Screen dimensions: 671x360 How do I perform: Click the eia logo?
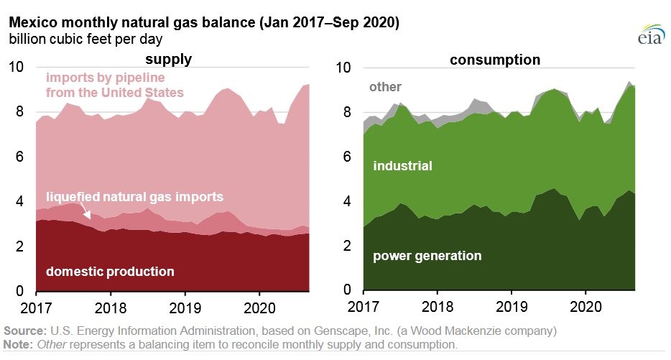(x=652, y=34)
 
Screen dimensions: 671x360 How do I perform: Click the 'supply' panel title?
(x=169, y=59)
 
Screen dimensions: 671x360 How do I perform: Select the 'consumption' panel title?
(x=495, y=60)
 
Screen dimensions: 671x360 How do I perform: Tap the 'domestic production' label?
(x=110, y=272)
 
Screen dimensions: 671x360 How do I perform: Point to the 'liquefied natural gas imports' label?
(x=135, y=197)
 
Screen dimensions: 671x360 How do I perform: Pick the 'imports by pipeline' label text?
(x=106, y=78)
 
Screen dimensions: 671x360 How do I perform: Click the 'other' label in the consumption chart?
(x=385, y=87)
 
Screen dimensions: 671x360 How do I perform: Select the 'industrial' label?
(x=403, y=166)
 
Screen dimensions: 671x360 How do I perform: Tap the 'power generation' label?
(x=427, y=256)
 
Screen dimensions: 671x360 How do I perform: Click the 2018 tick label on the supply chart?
(x=111, y=308)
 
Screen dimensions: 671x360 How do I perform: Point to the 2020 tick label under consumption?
(x=586, y=307)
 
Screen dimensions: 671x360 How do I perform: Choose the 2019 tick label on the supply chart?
(x=185, y=308)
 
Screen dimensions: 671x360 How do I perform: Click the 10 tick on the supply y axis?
(x=17, y=67)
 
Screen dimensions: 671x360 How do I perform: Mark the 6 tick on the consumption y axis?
(x=347, y=157)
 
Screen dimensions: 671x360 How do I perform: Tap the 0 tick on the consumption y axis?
(x=347, y=290)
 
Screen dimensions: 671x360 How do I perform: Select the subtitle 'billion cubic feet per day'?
(x=85, y=40)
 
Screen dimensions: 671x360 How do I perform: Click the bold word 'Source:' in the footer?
(x=25, y=331)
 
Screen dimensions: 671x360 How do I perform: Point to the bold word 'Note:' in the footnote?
(x=18, y=345)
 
